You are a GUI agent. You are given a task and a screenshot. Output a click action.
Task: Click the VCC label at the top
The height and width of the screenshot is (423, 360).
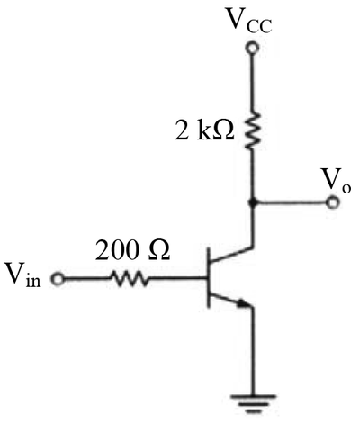coord(249,21)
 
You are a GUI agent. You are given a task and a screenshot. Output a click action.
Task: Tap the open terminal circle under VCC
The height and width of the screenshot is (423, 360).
coord(252,48)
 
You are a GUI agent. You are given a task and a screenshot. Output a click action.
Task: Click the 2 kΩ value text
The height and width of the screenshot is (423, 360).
coord(204,131)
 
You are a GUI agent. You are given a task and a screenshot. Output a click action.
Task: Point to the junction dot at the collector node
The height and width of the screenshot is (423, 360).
coord(253,203)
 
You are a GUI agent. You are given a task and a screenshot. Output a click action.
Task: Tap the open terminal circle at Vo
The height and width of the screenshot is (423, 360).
coord(332,203)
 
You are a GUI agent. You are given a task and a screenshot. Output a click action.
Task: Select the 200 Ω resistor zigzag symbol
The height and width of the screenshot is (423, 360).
coord(130,279)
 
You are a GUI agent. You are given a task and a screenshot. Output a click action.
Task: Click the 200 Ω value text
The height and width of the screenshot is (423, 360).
coord(133,250)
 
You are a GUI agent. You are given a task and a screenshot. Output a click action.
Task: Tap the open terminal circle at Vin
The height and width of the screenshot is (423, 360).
coord(57,279)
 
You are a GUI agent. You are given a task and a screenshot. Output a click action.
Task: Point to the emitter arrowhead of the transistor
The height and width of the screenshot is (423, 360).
coord(244,303)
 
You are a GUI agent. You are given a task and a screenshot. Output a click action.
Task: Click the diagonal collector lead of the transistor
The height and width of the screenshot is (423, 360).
coord(231,254)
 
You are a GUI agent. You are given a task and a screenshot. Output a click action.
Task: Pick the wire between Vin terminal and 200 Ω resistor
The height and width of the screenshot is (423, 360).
coord(86,279)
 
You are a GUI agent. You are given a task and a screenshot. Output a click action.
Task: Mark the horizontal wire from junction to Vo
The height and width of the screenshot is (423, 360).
coord(292,203)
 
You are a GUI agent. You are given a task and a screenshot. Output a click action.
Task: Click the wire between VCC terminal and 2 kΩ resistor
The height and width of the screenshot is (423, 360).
coord(253,83)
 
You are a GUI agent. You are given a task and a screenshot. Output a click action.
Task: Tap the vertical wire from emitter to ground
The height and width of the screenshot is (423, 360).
coord(253,351)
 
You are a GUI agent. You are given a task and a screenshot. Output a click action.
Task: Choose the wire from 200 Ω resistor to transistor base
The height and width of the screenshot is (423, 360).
coord(177,279)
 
